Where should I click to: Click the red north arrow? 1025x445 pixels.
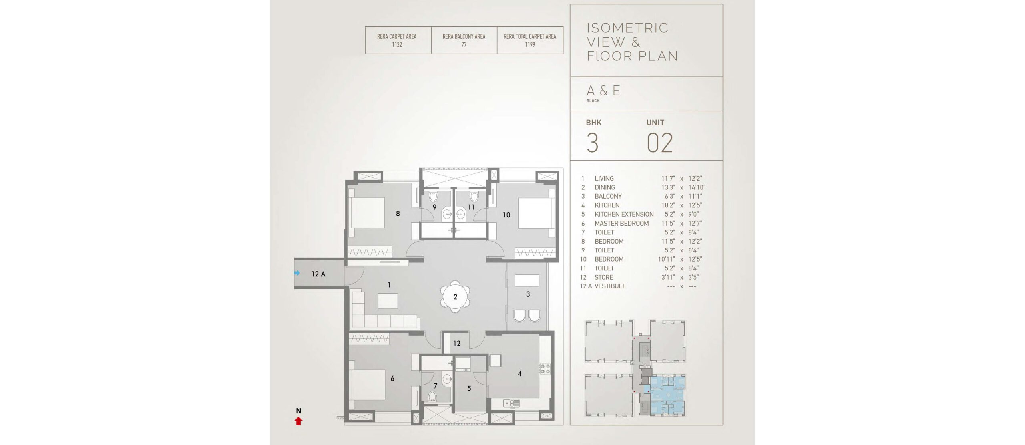point(298,421)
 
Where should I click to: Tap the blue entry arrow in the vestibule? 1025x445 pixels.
point(297,273)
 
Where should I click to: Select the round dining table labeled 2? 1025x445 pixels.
point(455,297)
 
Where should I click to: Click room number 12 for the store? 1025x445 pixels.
point(457,343)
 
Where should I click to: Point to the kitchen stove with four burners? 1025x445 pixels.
point(545,368)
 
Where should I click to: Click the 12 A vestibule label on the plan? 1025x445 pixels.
point(318,274)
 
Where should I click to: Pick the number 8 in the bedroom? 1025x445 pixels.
point(398,213)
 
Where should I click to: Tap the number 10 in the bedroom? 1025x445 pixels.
point(506,215)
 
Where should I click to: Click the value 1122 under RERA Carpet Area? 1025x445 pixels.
point(397,44)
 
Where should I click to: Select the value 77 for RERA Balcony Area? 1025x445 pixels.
point(464,44)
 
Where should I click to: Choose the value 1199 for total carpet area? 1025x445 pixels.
point(530,44)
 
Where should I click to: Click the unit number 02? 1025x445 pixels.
point(660,143)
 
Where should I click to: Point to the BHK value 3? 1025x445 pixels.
point(593,143)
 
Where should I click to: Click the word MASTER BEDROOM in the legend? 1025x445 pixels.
point(621,223)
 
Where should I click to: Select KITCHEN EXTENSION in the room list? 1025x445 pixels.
point(624,214)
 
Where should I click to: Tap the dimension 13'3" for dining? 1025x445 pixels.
point(668,187)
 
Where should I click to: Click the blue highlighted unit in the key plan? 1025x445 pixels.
point(667,395)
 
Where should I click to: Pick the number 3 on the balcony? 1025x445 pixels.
point(528,294)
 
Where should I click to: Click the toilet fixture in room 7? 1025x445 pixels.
point(432,396)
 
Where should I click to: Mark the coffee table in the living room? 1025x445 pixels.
point(388,300)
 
